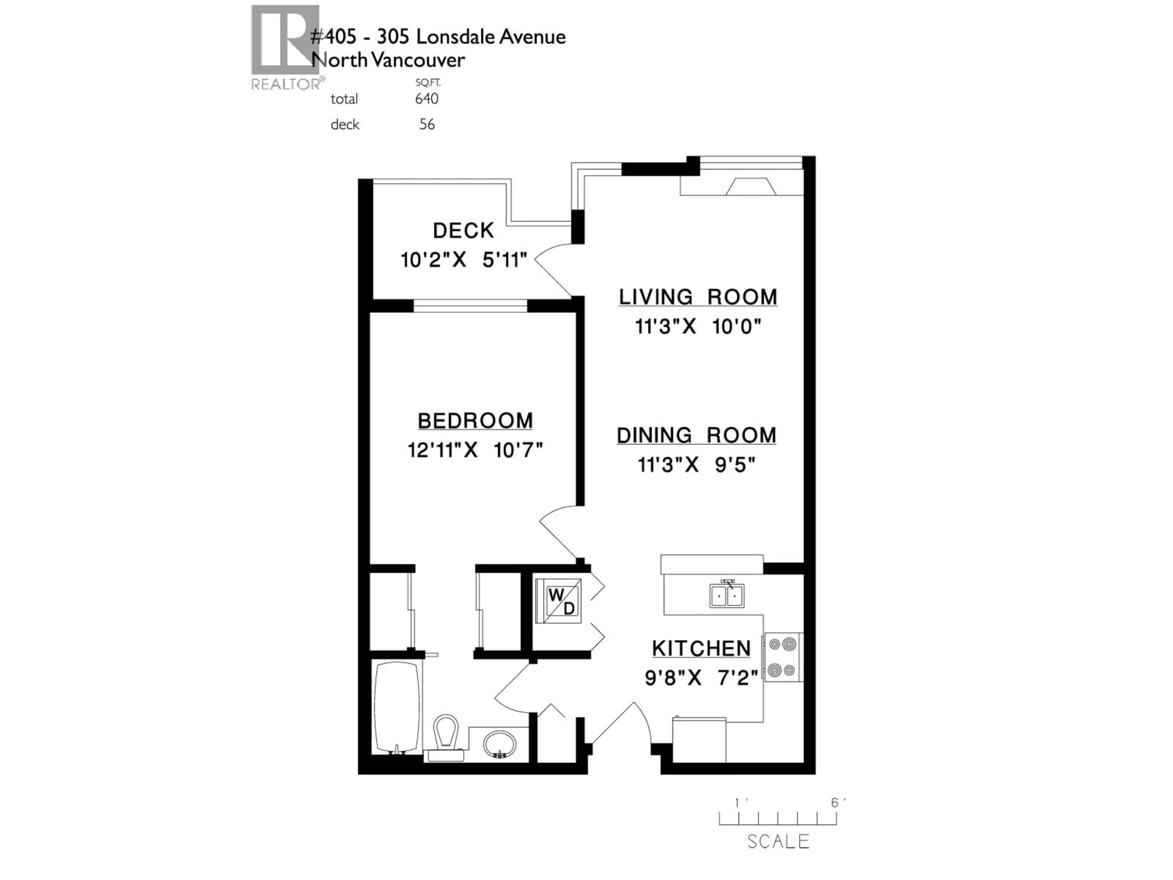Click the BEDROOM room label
click(x=475, y=421)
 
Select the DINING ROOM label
click(x=696, y=435)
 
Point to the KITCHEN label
click(x=701, y=648)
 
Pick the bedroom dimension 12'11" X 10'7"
click(x=475, y=450)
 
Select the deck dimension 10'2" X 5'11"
click(x=463, y=260)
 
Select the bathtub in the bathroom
click(x=397, y=706)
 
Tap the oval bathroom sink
click(x=499, y=744)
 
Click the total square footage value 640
click(x=427, y=99)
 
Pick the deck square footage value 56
click(x=427, y=125)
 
